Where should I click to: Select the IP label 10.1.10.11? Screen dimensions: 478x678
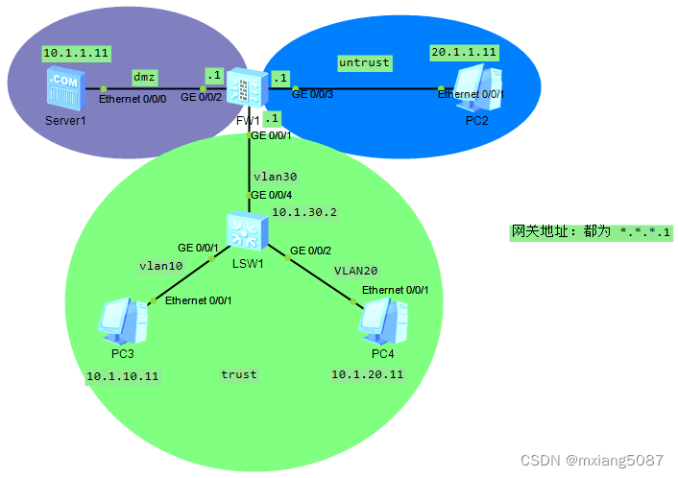click(x=122, y=376)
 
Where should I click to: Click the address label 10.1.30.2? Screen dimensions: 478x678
click(x=303, y=212)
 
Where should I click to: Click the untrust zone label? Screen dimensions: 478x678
click(x=365, y=62)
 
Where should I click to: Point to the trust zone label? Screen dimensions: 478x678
click(x=238, y=373)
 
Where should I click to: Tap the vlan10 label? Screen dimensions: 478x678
click(x=159, y=266)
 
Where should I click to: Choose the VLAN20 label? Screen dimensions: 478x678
click(x=354, y=271)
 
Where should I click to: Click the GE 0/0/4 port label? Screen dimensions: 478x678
click(x=272, y=195)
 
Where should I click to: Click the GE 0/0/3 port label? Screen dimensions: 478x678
click(x=313, y=94)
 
